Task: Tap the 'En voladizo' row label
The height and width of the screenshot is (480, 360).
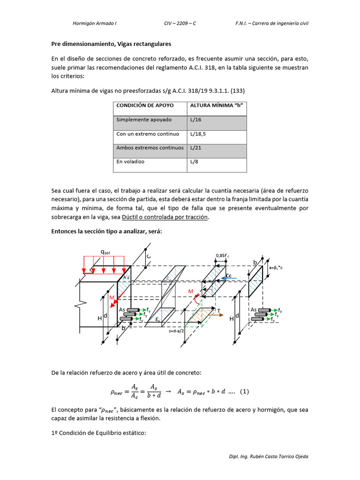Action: (x=130, y=161)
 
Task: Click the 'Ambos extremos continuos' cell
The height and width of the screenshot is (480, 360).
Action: (x=150, y=147)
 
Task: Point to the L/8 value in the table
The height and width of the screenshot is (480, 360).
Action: (x=195, y=161)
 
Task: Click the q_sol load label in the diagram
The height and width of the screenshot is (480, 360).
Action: (x=105, y=252)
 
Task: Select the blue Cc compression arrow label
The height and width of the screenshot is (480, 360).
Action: (x=229, y=276)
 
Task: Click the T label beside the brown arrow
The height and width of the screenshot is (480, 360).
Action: (x=218, y=311)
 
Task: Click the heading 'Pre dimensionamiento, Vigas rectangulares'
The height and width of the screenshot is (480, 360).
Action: (x=111, y=44)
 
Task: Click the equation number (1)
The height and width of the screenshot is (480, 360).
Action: (x=244, y=391)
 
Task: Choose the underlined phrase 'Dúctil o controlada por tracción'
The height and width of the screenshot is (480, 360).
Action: (x=164, y=217)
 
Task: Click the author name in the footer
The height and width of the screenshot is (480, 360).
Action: (x=269, y=457)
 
